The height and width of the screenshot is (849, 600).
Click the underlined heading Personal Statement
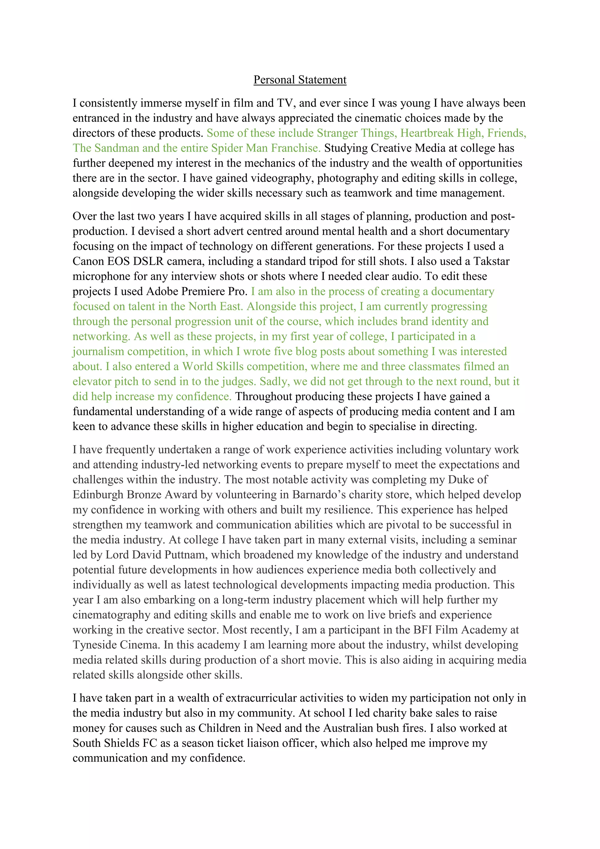pyautogui.click(x=300, y=80)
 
